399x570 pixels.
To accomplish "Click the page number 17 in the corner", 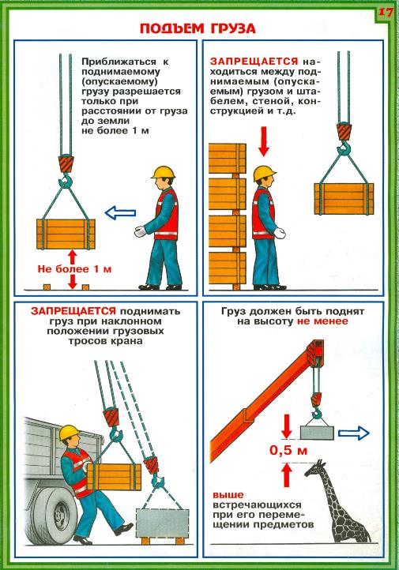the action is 386,12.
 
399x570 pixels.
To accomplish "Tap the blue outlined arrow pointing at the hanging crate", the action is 120,213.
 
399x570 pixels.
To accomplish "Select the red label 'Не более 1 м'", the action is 74,269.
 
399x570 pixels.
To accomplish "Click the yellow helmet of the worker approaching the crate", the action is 164,172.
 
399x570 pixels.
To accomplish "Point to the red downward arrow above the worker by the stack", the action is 264,141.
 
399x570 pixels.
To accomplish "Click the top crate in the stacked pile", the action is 228,158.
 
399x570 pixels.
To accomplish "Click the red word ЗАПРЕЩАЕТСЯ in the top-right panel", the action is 254,62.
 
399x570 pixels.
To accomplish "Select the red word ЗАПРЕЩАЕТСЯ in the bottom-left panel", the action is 73,311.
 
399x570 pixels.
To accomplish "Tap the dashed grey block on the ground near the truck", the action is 163,523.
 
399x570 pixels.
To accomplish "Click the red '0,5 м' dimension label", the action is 288,451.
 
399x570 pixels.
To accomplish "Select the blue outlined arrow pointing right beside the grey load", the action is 354,433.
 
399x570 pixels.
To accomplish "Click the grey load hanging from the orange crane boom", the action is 317,433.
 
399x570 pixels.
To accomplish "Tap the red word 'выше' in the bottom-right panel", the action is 228,495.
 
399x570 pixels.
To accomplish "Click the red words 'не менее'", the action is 322,321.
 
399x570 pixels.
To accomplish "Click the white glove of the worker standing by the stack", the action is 280,233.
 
